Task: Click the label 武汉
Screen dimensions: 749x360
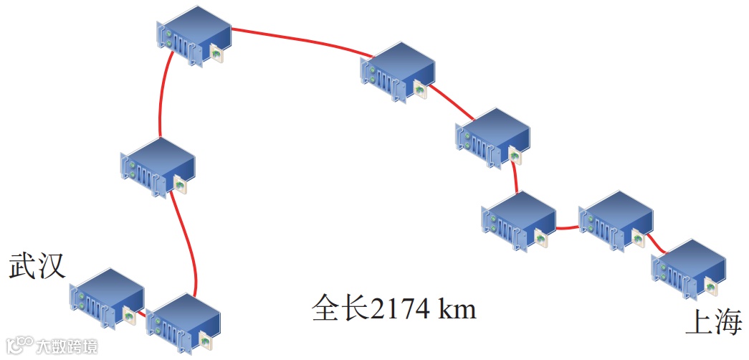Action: coord(37,266)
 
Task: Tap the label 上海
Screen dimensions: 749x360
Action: coord(713,323)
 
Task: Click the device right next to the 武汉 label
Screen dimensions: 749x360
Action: coord(108,296)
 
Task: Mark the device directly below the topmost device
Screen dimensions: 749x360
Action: coord(159,166)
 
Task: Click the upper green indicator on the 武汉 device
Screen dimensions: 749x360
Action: coord(82,296)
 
